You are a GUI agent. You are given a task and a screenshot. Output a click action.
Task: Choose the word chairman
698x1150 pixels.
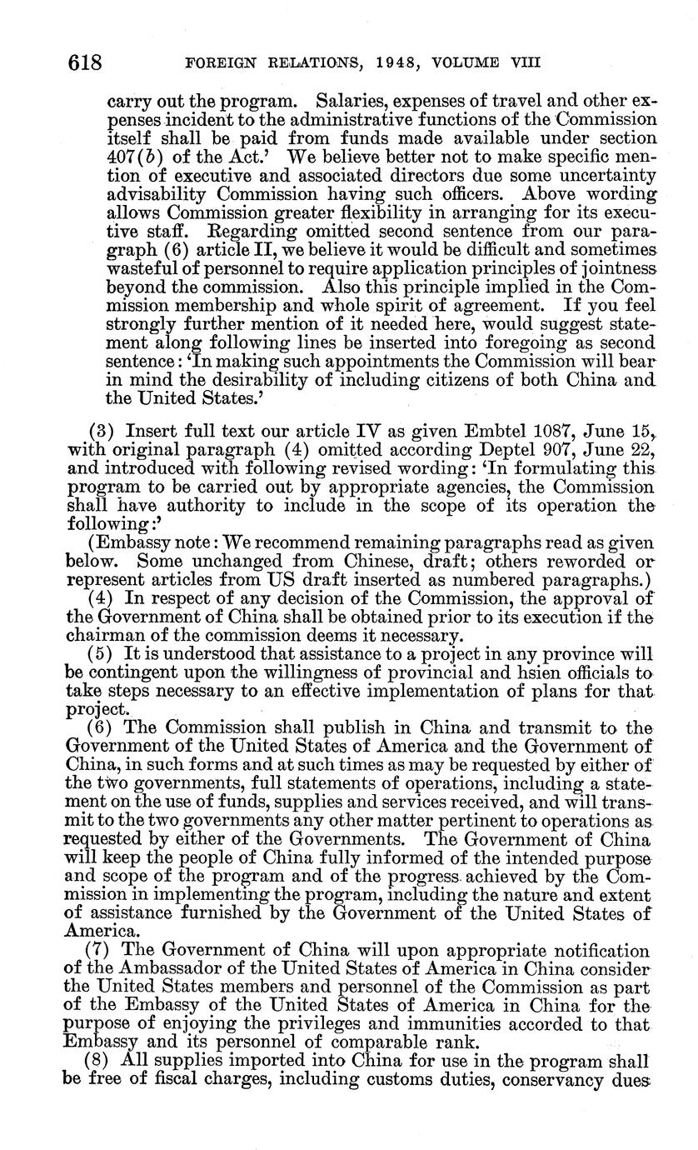point(102,635)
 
